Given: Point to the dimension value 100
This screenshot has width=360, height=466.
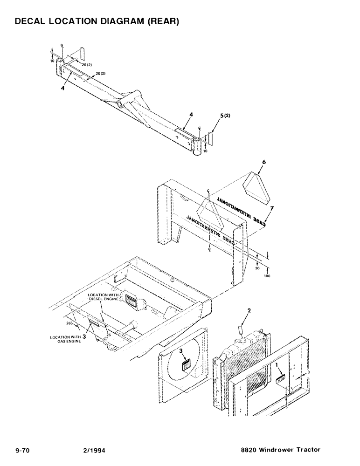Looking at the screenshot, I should click(267, 276).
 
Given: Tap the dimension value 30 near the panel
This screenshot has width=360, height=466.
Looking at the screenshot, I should click(257, 268).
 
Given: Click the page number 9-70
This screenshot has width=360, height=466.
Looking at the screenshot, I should click(23, 450).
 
